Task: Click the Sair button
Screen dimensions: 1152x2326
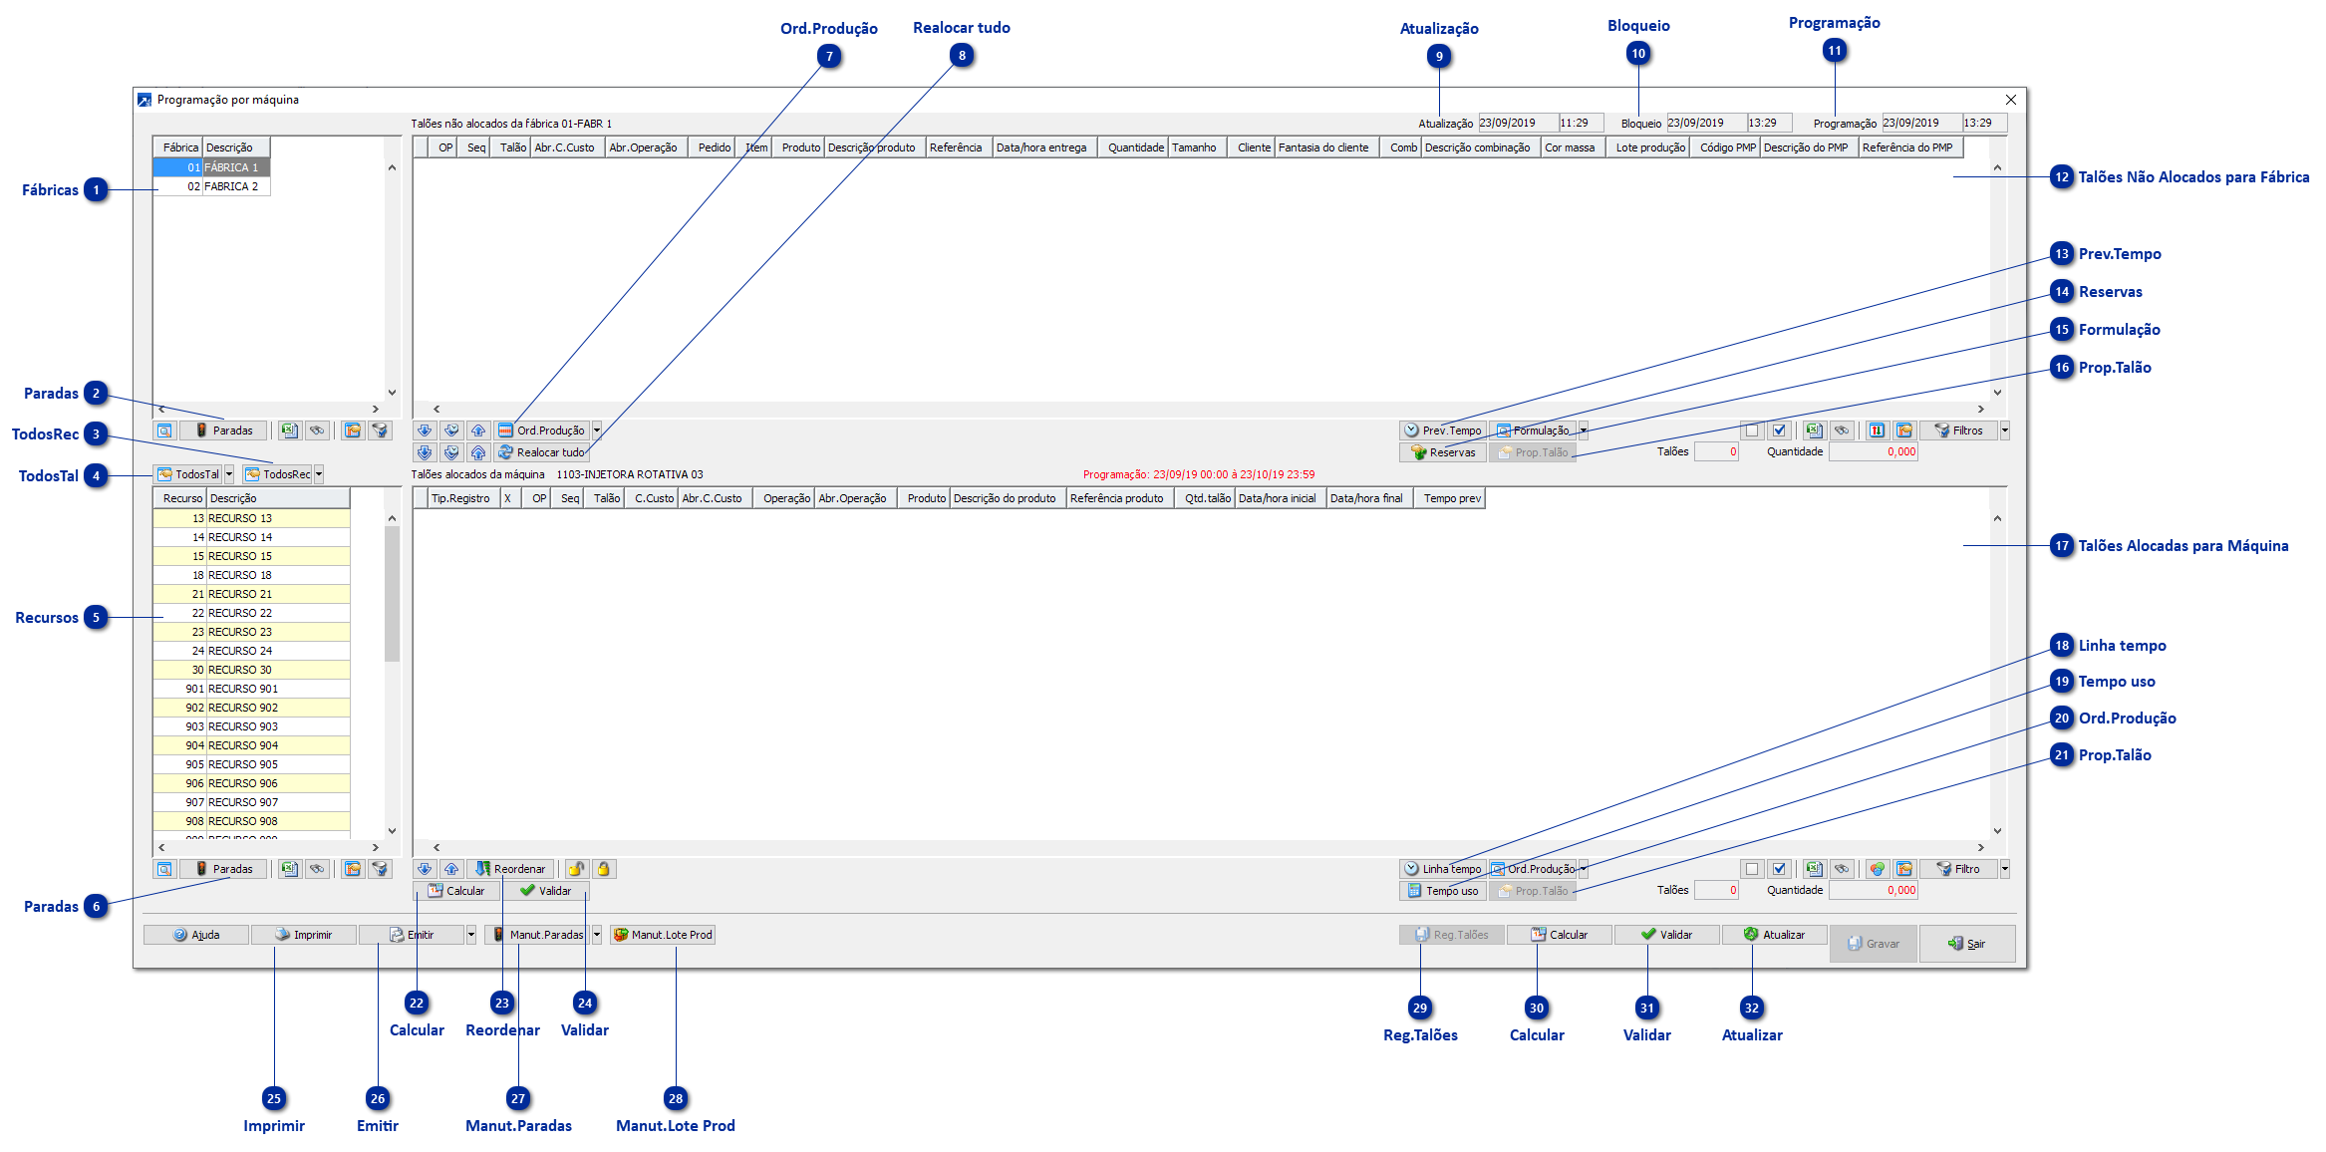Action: tap(1966, 944)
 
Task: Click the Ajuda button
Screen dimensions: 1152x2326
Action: tap(196, 935)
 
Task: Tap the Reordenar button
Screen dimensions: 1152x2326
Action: tap(510, 869)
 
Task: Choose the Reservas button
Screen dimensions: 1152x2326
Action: tap(1443, 452)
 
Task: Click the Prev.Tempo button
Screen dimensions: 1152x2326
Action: tap(1443, 431)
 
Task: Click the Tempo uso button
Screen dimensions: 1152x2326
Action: tap(1443, 891)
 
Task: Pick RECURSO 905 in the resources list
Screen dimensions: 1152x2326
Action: tap(243, 764)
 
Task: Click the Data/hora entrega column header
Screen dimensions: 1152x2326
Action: tap(1041, 147)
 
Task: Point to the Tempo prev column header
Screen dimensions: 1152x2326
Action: tap(1452, 498)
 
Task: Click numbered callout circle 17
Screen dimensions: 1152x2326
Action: tap(2061, 546)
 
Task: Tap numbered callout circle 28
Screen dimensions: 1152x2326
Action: tap(676, 1099)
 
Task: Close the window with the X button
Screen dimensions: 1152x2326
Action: tap(2010, 100)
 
